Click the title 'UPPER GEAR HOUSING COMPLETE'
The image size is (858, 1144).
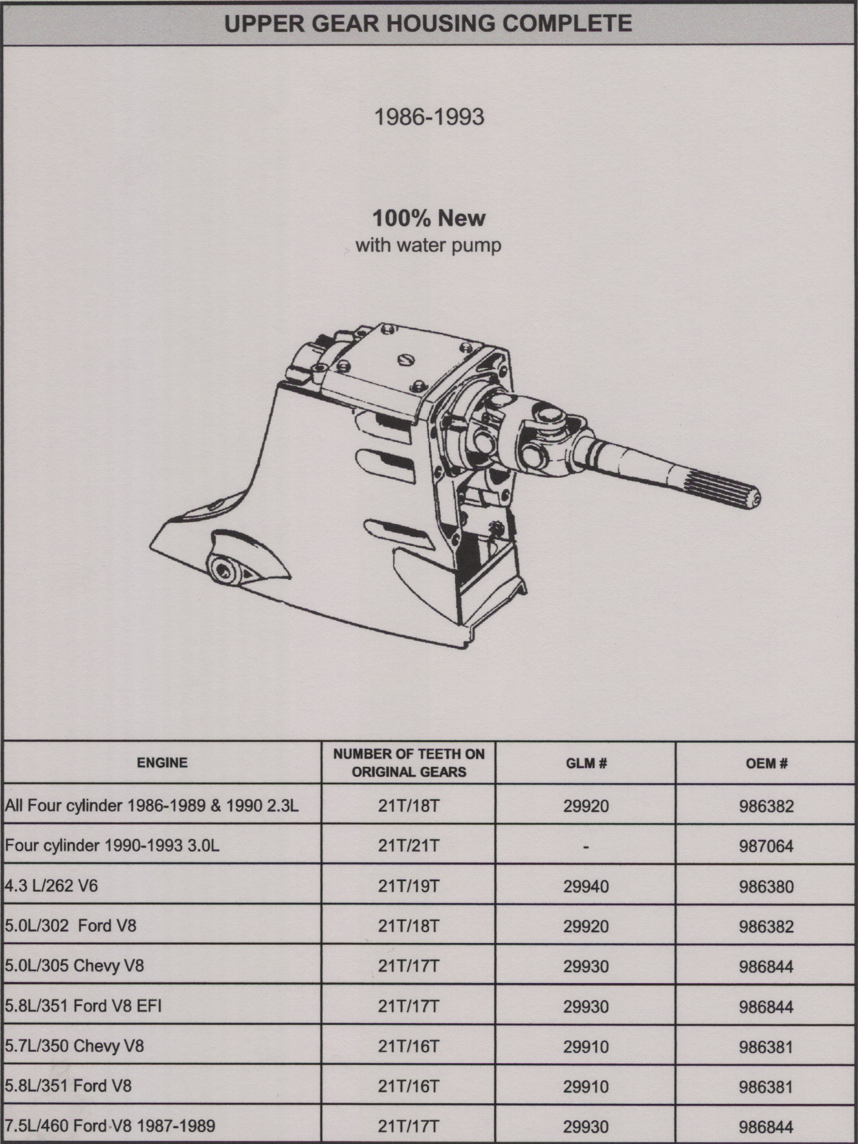click(428, 24)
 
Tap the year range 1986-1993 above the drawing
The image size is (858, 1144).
click(429, 117)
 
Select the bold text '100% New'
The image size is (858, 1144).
click(429, 218)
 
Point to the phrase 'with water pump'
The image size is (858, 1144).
click(428, 246)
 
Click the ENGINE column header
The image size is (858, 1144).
click(162, 763)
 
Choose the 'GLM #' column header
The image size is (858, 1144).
click(585, 763)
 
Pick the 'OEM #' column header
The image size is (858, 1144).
click(766, 763)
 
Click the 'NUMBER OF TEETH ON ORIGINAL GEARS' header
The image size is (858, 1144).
click(409, 763)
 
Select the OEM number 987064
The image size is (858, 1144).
click(766, 846)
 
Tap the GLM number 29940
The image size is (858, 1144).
click(586, 887)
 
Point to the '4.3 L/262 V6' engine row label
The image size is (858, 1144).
click(52, 886)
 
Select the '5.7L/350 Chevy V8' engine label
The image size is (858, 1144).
click(75, 1046)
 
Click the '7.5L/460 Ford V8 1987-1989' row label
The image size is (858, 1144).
click(110, 1126)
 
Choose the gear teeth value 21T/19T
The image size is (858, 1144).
click(408, 887)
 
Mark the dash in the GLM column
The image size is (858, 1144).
click(586, 847)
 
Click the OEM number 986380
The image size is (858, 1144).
click(766, 887)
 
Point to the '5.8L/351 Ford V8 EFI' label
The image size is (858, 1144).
click(84, 1006)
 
